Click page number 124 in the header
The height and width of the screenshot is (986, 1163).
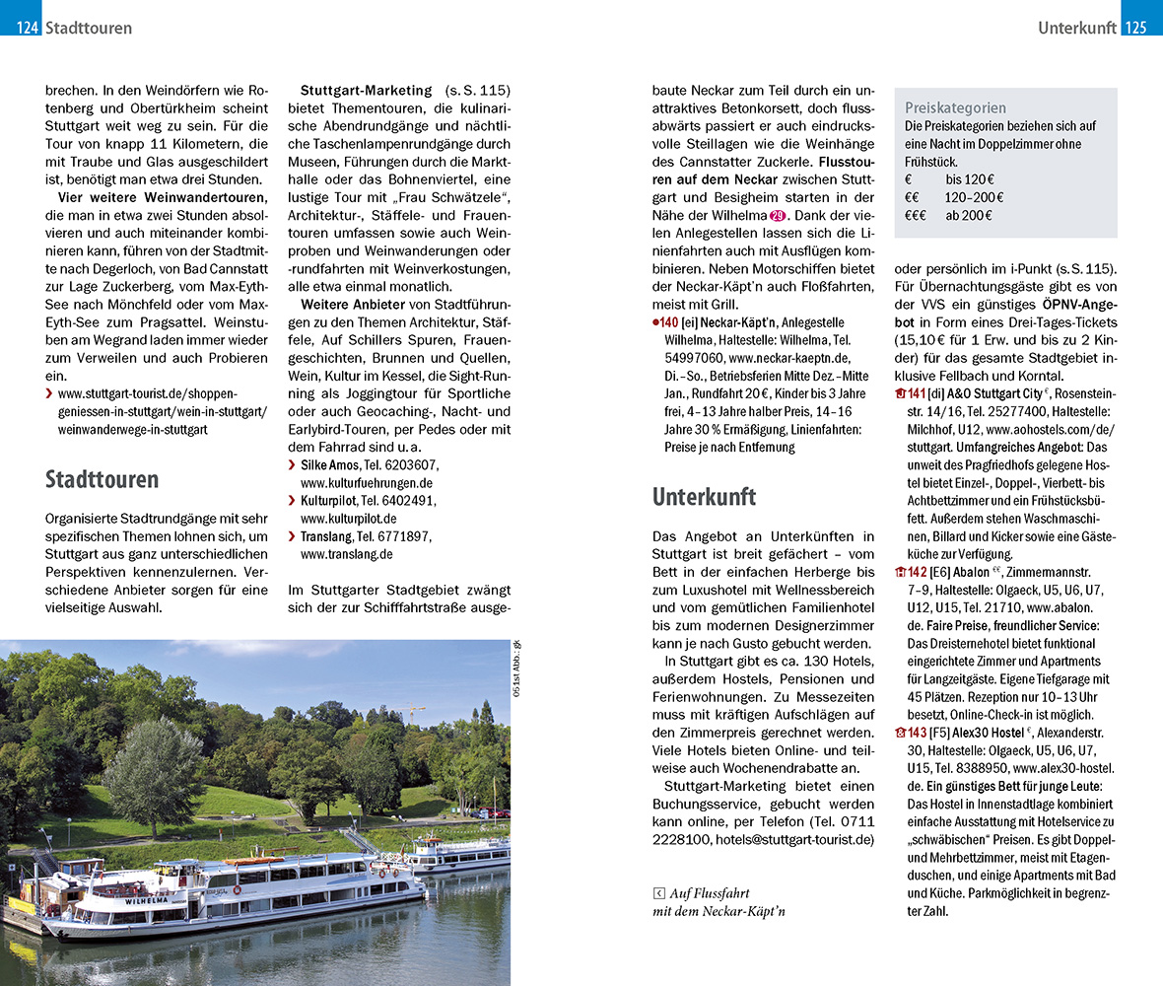pos(27,29)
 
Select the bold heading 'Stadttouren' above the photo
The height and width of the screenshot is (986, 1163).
pos(102,480)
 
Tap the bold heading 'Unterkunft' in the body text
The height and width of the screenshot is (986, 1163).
pos(704,497)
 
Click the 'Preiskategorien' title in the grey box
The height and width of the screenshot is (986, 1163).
pos(955,108)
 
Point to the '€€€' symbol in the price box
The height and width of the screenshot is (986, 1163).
pos(920,216)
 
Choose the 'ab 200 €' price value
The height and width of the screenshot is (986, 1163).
pos(969,216)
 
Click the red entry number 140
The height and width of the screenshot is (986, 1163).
pos(669,322)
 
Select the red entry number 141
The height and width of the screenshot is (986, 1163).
pos(917,393)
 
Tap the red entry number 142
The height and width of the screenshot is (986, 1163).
pos(917,572)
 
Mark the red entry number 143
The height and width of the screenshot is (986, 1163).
pos(917,733)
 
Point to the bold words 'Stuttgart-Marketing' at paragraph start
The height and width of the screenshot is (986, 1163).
pos(366,91)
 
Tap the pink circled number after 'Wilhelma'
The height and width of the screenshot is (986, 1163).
pos(778,215)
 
